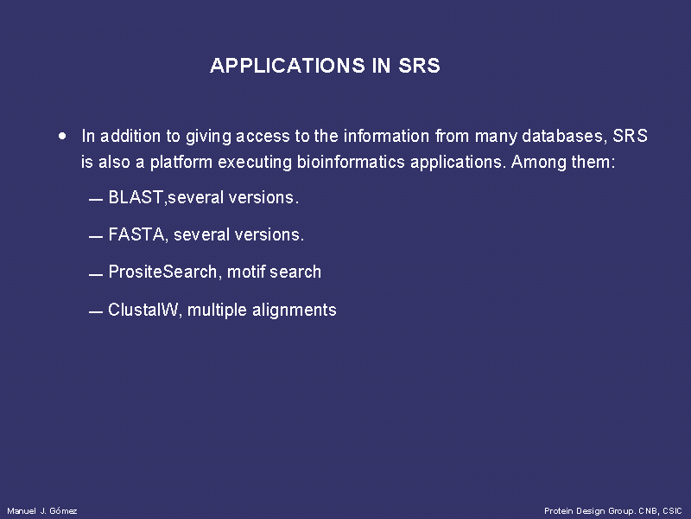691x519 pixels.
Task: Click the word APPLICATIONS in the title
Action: pos(288,66)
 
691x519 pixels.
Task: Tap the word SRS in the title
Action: pos(419,66)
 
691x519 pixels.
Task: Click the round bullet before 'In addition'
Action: pos(62,136)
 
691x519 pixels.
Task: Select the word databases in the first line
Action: pos(563,136)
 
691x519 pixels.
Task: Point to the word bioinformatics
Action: pos(351,162)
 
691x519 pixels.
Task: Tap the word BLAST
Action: pos(136,197)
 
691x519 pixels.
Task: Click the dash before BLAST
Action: pos(96,200)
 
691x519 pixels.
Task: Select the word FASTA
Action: pos(136,234)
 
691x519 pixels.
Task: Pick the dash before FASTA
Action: pos(96,237)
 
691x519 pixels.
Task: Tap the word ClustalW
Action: pos(143,310)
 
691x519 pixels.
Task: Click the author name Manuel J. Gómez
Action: pos(42,511)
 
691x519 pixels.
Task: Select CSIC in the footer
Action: pos(672,511)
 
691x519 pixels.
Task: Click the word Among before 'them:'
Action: pos(538,162)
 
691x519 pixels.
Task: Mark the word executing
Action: pos(255,163)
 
